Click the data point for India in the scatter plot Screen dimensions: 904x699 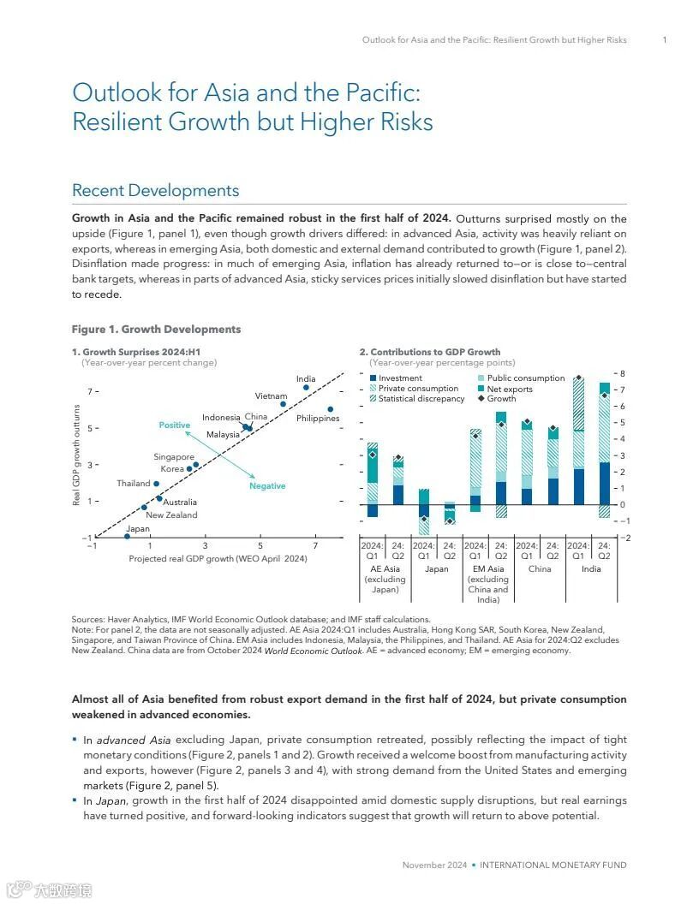click(x=306, y=388)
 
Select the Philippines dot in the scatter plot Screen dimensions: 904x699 click(x=331, y=409)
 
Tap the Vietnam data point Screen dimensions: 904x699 click(x=283, y=404)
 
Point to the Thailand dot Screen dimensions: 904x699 click(x=156, y=484)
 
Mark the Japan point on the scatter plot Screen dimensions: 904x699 click(x=127, y=537)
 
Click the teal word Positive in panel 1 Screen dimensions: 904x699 click(x=175, y=425)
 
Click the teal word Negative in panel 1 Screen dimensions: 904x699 click(x=267, y=486)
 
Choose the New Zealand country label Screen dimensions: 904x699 click(x=171, y=515)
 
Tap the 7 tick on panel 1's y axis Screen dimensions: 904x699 click(x=88, y=391)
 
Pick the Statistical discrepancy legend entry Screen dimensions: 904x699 click(x=421, y=399)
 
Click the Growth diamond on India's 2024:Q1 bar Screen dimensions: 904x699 click(x=578, y=378)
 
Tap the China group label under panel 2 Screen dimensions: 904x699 click(x=540, y=568)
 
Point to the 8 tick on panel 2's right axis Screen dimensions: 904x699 click(x=623, y=374)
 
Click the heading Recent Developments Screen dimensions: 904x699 click(x=155, y=190)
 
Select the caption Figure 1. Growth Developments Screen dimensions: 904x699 click(x=156, y=330)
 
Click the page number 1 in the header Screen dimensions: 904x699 click(x=665, y=40)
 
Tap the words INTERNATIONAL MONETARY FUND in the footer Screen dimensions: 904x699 click(x=553, y=865)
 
